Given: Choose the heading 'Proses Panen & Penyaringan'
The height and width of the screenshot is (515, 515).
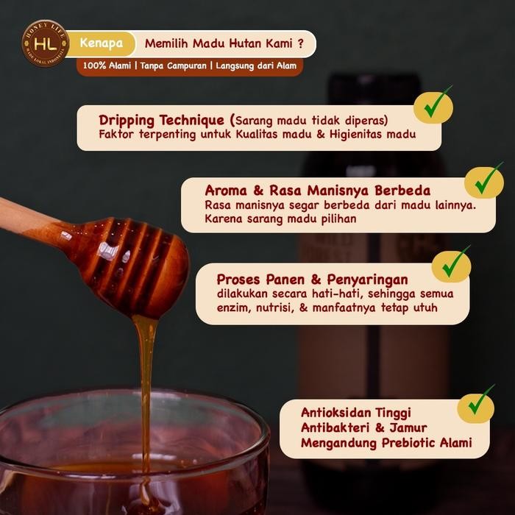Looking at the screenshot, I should pyautogui.click(x=312, y=279).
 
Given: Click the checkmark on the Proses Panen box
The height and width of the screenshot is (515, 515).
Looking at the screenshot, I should pyautogui.click(x=451, y=266).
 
